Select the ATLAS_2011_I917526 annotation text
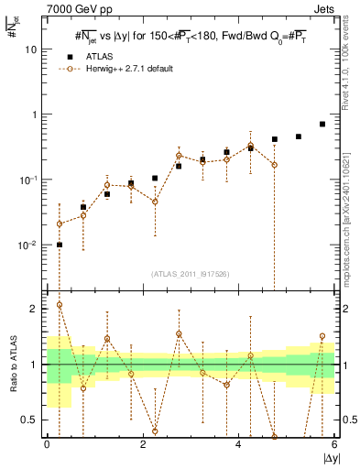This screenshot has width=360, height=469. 191,274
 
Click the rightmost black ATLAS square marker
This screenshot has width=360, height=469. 322,124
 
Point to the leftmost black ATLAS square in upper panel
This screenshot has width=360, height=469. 60,245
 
